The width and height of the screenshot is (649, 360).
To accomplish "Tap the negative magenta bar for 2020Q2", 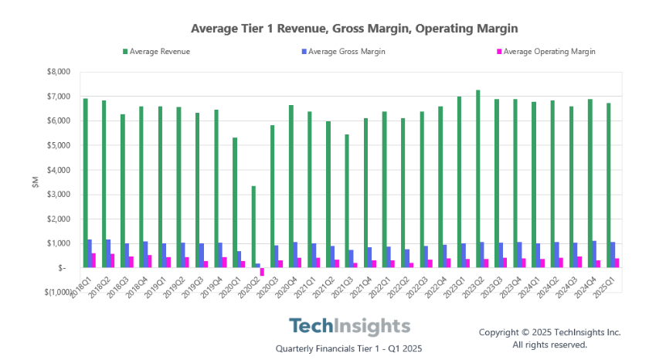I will (x=262, y=272).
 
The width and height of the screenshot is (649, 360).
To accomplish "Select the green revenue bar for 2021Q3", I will (x=347, y=201).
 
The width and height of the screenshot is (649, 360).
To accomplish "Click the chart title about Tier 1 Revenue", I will (x=354, y=29).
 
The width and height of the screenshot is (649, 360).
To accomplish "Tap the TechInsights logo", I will (x=350, y=325).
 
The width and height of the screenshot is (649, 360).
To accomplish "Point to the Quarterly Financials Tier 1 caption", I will (x=349, y=348).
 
